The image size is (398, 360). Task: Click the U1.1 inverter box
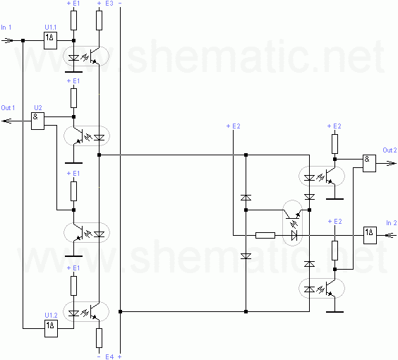point(51,40)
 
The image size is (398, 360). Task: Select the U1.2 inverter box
point(51,328)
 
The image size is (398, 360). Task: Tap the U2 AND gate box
point(37,121)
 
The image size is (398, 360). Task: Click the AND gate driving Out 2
point(369,163)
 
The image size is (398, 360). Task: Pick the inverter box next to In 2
point(370,235)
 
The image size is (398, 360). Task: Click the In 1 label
point(6,28)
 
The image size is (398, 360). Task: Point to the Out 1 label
point(8,108)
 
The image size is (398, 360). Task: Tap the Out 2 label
point(390,150)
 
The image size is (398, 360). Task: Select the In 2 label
point(391,223)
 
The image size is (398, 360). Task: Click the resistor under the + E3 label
point(99,20)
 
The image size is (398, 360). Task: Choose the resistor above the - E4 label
point(99,338)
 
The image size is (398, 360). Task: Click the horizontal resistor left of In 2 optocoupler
point(265,235)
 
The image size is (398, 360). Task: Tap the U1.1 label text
point(51,27)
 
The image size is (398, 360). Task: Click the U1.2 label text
point(51,316)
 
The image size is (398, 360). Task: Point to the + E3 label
point(105,4)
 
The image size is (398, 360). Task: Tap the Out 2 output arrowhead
point(392,164)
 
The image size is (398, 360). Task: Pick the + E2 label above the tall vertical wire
point(233,126)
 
